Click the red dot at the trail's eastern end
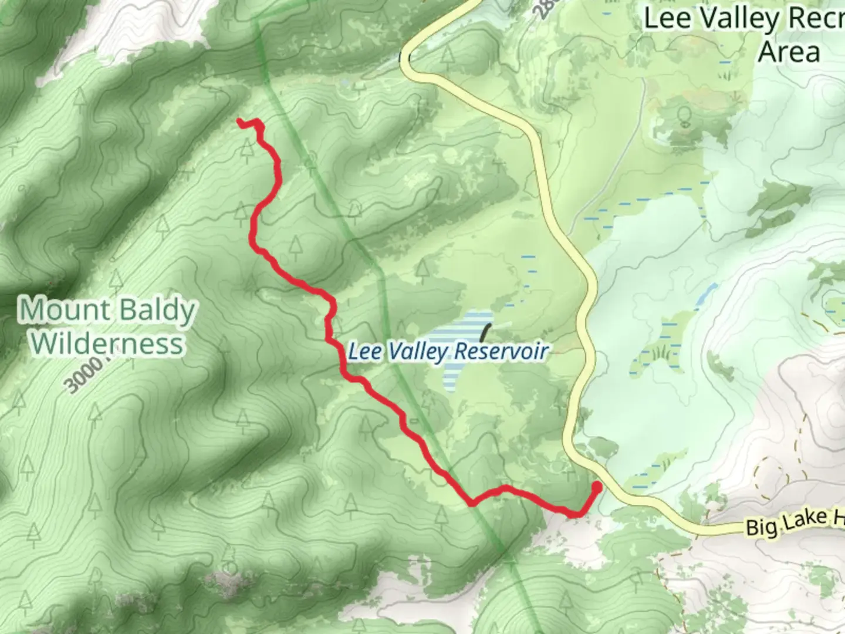(x=597, y=487)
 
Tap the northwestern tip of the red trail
(x=239, y=121)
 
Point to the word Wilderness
(x=107, y=344)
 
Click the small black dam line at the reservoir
(x=485, y=333)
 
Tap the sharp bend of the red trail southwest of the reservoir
(x=471, y=503)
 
